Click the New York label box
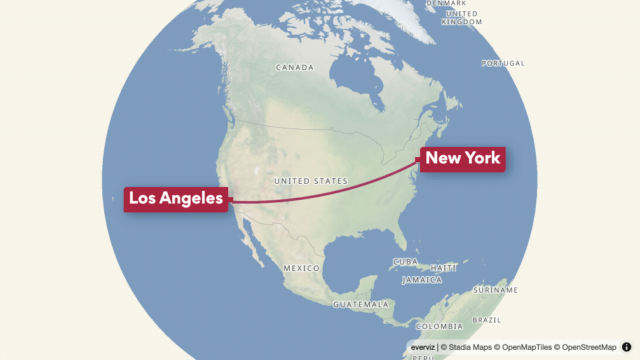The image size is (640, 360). (463, 158)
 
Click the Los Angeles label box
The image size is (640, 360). (176, 198)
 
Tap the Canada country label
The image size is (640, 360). (295, 67)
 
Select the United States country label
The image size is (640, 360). (311, 181)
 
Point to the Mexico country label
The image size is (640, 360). (301, 268)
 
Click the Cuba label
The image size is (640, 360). (405, 262)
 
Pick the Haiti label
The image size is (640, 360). (444, 268)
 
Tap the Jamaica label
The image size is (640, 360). (421, 280)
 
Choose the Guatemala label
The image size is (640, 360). (360, 305)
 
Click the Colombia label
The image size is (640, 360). (439, 326)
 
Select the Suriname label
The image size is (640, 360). (496, 290)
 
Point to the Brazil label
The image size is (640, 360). (487, 320)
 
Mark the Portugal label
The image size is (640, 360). (503, 64)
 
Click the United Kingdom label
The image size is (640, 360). (462, 18)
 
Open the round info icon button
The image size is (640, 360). (627, 347)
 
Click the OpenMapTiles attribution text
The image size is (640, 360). (525, 347)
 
